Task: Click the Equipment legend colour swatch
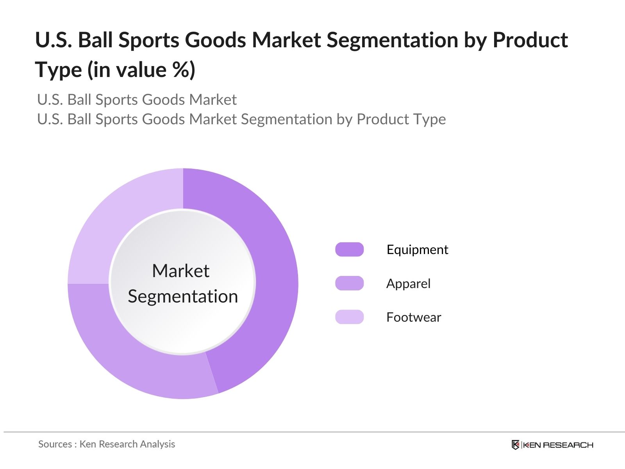point(349,249)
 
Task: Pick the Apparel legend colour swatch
point(349,283)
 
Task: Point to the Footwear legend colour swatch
point(349,317)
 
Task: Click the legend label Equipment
point(417,249)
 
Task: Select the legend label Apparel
point(408,283)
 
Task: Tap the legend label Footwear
point(414,317)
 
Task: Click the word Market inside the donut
point(180,270)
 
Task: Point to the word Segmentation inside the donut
point(183,296)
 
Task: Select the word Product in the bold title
point(530,40)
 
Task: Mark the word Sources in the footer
point(55,444)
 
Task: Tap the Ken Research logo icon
point(516,445)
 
